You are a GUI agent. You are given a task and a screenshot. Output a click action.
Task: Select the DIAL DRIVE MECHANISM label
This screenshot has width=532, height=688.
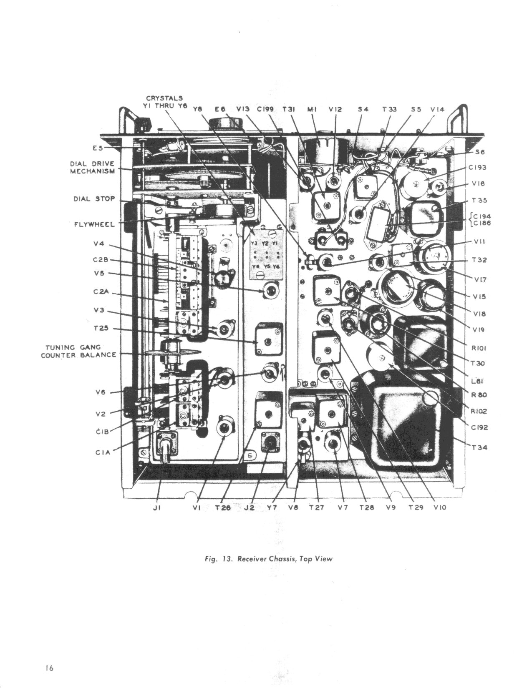92,168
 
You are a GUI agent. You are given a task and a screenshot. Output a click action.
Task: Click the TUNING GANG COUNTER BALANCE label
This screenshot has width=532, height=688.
79,351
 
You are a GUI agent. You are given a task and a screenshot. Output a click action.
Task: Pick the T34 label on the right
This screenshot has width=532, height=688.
479,448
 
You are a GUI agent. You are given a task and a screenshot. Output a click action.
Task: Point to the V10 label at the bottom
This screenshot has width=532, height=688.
440,508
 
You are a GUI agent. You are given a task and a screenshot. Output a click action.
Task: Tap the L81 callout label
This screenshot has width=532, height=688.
477,380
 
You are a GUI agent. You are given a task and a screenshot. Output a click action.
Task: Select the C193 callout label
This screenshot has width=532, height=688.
479,167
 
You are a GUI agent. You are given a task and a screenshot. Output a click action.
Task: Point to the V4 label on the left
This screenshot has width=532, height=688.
98,245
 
